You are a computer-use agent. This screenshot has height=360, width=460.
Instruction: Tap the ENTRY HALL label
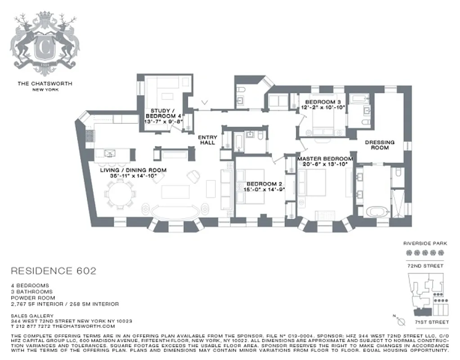pos(208,140)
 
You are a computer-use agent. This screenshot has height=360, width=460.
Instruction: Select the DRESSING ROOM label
pos(380,144)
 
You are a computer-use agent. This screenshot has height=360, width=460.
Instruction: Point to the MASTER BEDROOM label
pos(325,162)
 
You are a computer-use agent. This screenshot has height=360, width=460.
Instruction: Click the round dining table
pos(119,194)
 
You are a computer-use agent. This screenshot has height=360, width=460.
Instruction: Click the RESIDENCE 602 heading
pos(53,271)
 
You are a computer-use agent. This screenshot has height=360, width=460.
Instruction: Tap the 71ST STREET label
pos(431,322)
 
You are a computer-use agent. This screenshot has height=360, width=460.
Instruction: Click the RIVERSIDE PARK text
pos(425,243)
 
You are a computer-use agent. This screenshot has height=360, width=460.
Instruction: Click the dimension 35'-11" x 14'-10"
pos(133,176)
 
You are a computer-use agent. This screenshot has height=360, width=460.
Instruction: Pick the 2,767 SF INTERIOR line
pos(65,304)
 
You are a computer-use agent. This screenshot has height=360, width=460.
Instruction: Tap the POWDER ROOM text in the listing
pos(33,298)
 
